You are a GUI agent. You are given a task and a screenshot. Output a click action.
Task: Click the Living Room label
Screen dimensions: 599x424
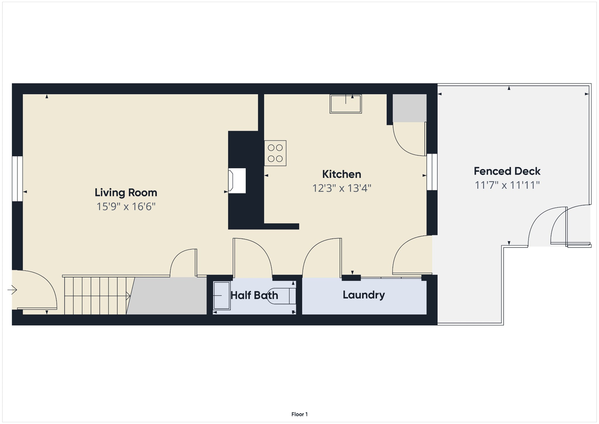pos(126,193)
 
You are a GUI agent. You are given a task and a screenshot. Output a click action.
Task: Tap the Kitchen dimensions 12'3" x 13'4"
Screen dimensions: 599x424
pos(342,188)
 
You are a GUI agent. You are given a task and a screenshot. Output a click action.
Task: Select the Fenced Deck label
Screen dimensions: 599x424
pos(507,171)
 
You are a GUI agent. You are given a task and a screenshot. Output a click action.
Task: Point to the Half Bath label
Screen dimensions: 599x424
pos(254,295)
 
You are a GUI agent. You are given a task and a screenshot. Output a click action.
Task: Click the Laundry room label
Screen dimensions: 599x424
pos(364,295)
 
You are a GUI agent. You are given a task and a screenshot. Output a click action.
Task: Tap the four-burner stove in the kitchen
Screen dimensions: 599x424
pos(275,153)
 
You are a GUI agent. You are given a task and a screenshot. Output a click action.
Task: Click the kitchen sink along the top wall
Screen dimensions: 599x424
pos(346,104)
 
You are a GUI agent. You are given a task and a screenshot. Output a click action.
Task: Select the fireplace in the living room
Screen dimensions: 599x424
pos(237,181)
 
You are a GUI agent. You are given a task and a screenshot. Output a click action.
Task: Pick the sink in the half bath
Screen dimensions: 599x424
pos(222,296)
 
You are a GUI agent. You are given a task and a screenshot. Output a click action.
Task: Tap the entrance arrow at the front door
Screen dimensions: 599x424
pos(12,290)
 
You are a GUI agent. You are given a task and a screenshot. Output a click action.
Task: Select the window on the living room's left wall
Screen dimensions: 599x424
pos(17,179)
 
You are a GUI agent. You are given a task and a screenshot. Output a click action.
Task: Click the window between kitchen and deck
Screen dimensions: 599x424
pos(432,172)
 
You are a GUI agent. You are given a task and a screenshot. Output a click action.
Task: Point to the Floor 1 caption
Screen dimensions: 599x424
pos(299,414)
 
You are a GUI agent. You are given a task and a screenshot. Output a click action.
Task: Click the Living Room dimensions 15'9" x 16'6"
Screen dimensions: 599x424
pos(126,207)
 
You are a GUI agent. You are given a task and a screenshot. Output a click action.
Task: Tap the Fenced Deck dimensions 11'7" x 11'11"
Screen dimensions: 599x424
pos(507,185)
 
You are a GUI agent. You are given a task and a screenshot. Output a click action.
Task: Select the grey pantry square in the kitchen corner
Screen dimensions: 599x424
pos(409,108)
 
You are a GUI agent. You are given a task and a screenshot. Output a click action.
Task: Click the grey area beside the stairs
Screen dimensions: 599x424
pos(167,296)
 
